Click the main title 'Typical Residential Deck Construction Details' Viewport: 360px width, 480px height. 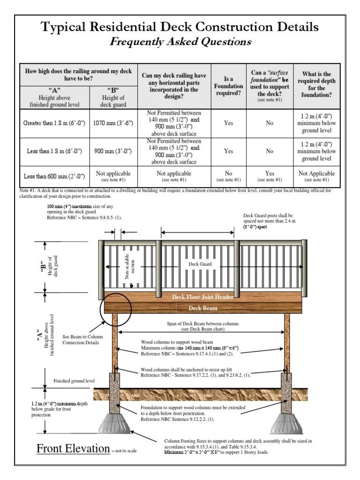click(180, 27)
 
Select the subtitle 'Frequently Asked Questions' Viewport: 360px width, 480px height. click(180, 42)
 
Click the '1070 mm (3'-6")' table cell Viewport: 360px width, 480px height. click(116, 123)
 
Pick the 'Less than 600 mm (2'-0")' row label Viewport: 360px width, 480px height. click(53, 176)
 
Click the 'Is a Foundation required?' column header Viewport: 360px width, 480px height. click(228, 86)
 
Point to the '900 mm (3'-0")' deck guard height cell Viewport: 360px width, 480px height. click(116, 151)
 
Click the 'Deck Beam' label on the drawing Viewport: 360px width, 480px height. click(202, 308)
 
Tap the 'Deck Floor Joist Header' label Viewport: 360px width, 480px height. click(202, 297)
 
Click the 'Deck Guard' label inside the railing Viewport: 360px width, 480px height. click(200, 264)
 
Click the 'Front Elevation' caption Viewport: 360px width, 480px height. click(73, 449)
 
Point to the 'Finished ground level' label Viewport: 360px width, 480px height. click(74, 381)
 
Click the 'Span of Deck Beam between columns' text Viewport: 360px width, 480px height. click(202, 324)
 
